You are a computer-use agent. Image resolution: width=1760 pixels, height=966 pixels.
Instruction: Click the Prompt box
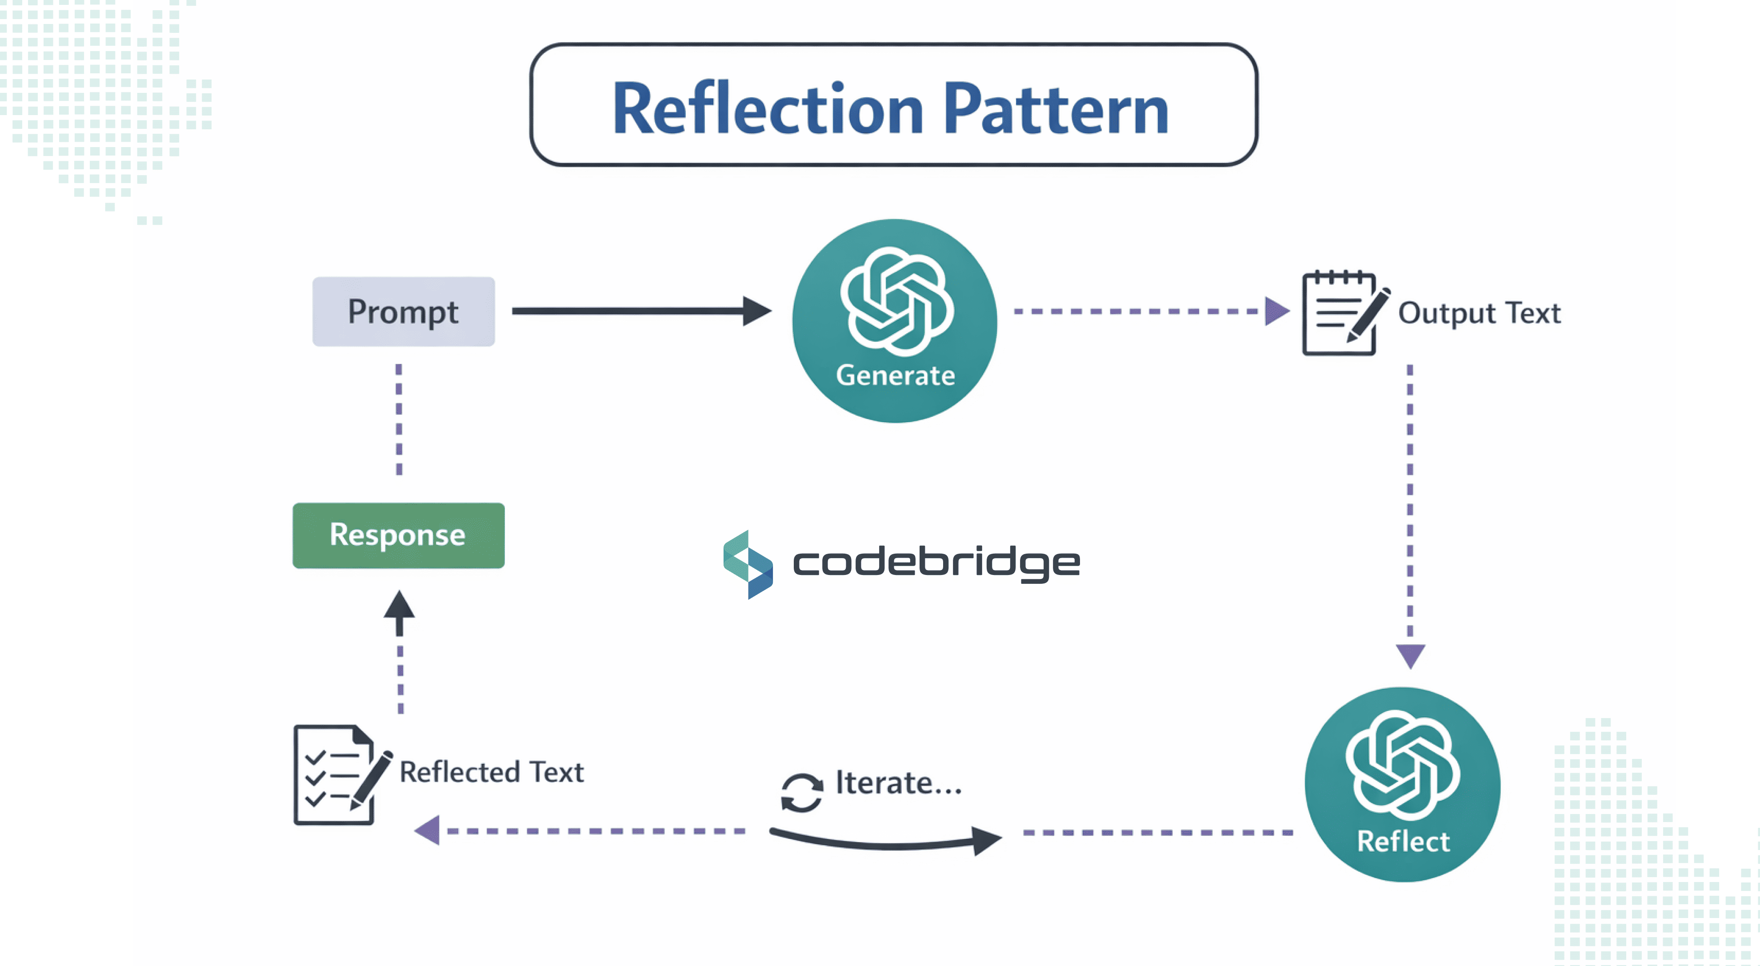[x=403, y=311]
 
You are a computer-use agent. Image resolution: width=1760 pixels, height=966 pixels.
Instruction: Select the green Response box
[x=398, y=535]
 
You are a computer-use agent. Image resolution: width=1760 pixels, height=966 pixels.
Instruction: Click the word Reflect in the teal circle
[x=1403, y=841]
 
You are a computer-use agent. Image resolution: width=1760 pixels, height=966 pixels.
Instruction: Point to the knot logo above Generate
[x=896, y=301]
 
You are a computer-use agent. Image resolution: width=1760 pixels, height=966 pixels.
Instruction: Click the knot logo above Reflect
[x=1403, y=765]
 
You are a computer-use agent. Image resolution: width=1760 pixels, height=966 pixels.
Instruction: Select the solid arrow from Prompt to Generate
[x=639, y=311]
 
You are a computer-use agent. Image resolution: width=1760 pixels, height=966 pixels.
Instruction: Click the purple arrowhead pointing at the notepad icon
[x=1275, y=311]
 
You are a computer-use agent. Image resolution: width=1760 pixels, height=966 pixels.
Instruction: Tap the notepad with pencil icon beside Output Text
[x=1343, y=313]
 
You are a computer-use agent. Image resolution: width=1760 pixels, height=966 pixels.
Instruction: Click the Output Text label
[x=1479, y=313]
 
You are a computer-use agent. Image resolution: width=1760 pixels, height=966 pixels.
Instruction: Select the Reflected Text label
[x=491, y=772]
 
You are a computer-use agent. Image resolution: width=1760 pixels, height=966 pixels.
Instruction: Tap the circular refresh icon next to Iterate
[x=801, y=792]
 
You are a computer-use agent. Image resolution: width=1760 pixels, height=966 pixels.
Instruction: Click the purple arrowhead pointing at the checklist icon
[x=428, y=831]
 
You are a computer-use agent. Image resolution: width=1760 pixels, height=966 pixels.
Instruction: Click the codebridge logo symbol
[x=748, y=564]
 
